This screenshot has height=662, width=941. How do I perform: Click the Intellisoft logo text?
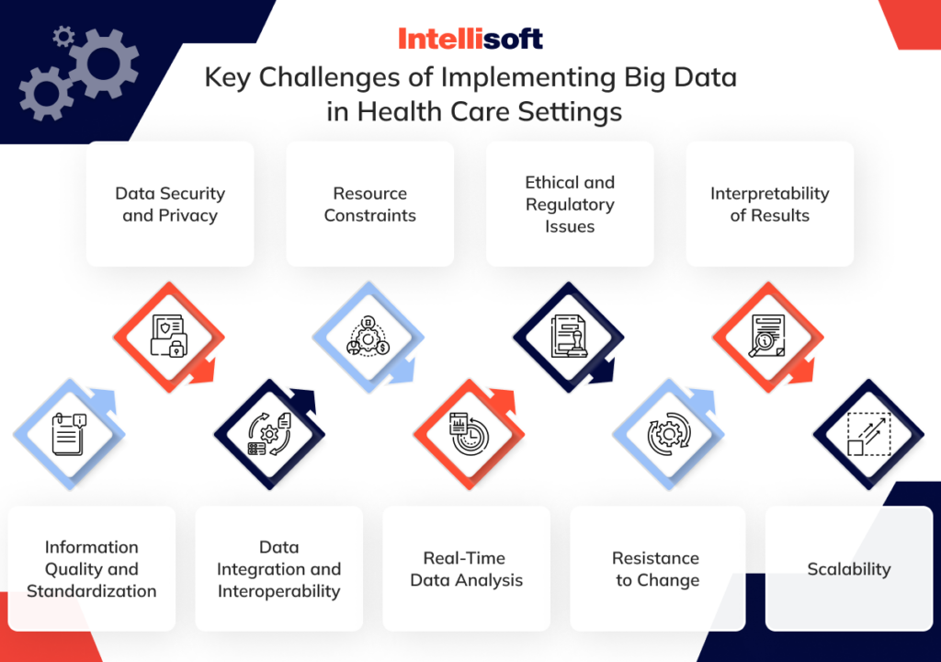coord(470,39)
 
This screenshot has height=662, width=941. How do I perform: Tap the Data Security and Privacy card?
coord(170,204)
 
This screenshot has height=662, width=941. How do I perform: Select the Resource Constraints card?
coord(370,204)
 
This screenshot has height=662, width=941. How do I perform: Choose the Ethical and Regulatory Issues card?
coord(570,204)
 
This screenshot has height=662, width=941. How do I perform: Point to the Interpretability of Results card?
coord(769,204)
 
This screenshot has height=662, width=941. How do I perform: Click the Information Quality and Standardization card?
coord(91,568)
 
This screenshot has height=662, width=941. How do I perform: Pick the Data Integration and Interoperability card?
coord(278,568)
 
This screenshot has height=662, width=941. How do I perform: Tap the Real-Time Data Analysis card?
coord(466,568)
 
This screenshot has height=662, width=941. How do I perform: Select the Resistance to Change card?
coord(657,568)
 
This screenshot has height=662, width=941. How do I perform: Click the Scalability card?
coord(848,568)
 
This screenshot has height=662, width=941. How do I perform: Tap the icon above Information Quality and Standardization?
coord(68,433)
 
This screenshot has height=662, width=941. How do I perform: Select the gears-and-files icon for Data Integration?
coord(268,434)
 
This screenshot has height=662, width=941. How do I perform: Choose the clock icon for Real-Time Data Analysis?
coord(468,434)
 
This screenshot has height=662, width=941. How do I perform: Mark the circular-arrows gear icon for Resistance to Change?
coord(667,434)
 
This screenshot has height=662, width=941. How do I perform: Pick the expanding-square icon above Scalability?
coord(867,434)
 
